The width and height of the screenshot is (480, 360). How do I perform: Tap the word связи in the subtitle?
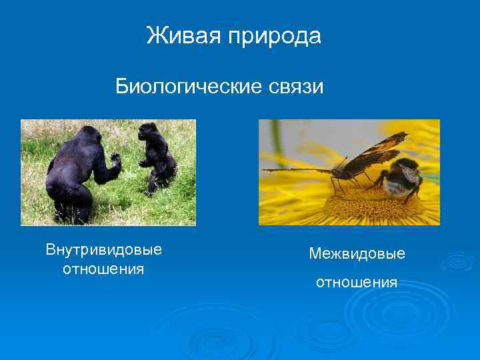pos(293,87)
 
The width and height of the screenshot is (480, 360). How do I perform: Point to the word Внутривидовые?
pos(103,250)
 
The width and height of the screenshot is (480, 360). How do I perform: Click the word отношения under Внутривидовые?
pos(103,269)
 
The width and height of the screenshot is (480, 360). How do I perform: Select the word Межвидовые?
pos(357,254)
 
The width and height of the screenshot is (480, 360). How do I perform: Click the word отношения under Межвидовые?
pos(357,283)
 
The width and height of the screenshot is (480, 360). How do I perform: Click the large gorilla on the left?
pos(77,173)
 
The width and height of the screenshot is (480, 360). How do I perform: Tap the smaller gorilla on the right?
pos(157,157)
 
